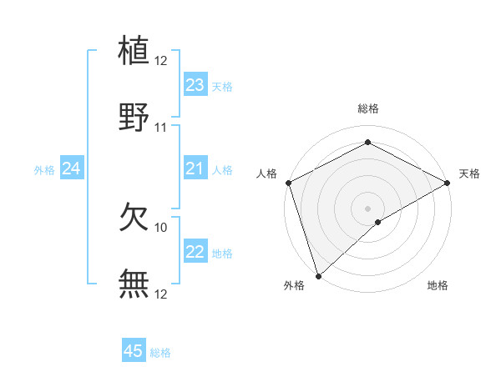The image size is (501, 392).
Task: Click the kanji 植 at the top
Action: tap(134, 49)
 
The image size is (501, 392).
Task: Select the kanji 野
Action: tap(134, 117)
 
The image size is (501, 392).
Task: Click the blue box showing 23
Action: tap(195, 85)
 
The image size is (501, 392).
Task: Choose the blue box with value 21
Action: tap(195, 168)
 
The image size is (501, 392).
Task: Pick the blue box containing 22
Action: tap(195, 252)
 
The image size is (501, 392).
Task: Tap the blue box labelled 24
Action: tap(72, 168)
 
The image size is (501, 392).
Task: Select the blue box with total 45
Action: tap(134, 351)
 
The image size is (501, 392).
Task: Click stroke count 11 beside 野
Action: tap(161, 128)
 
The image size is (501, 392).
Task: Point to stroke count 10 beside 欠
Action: tap(161, 227)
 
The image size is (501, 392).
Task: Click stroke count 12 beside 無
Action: tap(161, 294)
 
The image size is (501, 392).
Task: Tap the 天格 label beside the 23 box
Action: tap(221, 87)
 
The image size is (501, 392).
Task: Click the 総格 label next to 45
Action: tap(160, 353)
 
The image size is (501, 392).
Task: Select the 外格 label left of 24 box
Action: tap(44, 170)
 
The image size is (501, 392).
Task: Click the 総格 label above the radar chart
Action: tap(368, 108)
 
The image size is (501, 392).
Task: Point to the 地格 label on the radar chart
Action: tap(438, 286)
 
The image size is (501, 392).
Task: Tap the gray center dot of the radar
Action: tap(368, 208)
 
